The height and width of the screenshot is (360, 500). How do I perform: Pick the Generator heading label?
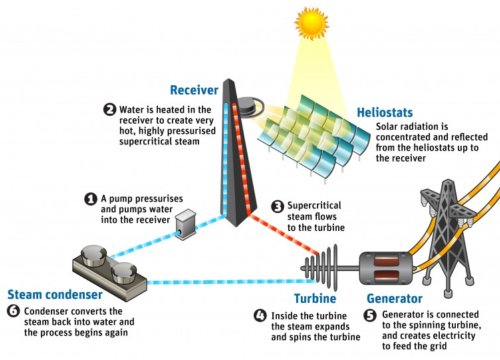[396, 298]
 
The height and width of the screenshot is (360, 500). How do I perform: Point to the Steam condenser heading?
[50, 294]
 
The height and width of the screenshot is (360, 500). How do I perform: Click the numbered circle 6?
[12, 311]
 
